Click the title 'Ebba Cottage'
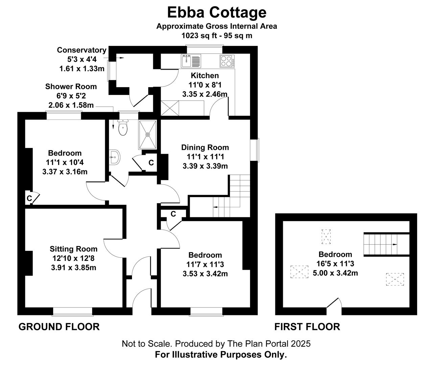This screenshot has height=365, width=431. pyautogui.click(x=217, y=13)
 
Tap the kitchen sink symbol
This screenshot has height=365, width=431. pyautogui.click(x=191, y=61)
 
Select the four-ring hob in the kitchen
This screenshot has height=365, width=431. pyautogui.click(x=227, y=61)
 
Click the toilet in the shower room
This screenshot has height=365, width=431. pyautogui.click(x=123, y=127)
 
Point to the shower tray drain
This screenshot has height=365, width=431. pyautogui.click(x=148, y=135)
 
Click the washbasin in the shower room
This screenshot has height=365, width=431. pyautogui.click(x=114, y=157)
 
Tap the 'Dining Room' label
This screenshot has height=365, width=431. pyautogui.click(x=205, y=147)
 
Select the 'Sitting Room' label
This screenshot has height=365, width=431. pyautogui.click(x=73, y=249)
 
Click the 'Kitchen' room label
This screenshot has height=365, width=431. pyautogui.click(x=205, y=75)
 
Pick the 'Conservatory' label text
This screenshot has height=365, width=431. pyautogui.click(x=82, y=50)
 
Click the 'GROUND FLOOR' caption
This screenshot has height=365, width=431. pyautogui.click(x=59, y=327)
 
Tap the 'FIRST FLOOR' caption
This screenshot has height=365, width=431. pyautogui.click(x=307, y=327)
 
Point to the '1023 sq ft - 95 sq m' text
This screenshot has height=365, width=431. pyautogui.click(x=217, y=35)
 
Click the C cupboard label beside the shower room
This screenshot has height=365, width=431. pyautogui.click(x=151, y=163)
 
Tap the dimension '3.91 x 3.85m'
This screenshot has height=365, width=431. pyautogui.click(x=73, y=268)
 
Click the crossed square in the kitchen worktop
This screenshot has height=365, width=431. pyautogui.click(x=170, y=108)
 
